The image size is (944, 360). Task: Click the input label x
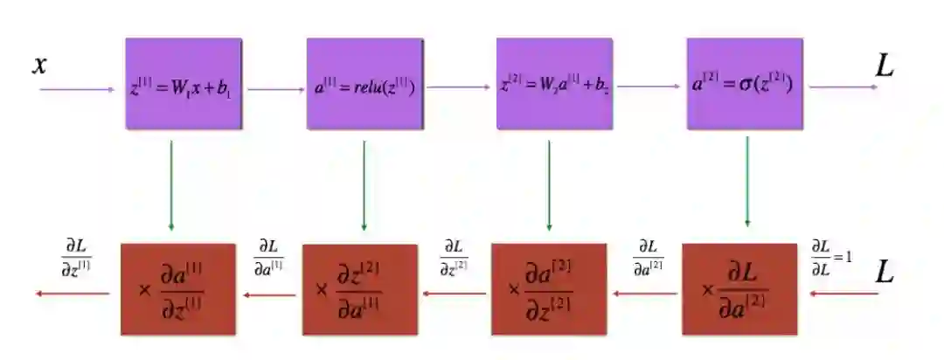(38, 65)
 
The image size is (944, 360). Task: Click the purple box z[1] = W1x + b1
(183, 84)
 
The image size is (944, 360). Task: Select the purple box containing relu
(364, 84)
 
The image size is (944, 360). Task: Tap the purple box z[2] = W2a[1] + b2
(554, 84)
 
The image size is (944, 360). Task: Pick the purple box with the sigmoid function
(745, 84)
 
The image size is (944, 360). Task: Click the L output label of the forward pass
(885, 66)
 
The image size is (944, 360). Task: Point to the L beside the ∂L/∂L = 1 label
(885, 274)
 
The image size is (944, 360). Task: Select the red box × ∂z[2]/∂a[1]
(360, 289)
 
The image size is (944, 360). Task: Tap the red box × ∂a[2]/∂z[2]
(549, 289)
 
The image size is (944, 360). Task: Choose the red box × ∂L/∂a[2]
(739, 289)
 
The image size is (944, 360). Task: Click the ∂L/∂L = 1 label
(830, 256)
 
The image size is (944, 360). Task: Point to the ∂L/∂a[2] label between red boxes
(648, 256)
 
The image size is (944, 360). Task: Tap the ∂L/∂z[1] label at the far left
(77, 255)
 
